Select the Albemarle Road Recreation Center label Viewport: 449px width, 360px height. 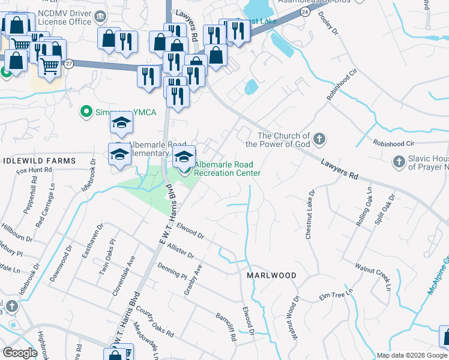[227, 169]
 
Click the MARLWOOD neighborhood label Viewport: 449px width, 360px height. [271, 275]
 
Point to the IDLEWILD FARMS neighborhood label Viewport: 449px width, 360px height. [39, 161]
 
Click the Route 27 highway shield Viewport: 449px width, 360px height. [70, 64]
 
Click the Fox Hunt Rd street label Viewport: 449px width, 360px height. [34, 170]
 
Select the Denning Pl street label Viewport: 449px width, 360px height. [172, 271]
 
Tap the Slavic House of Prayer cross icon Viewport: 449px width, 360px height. [399, 161]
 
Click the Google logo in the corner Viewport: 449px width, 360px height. [20, 353]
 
